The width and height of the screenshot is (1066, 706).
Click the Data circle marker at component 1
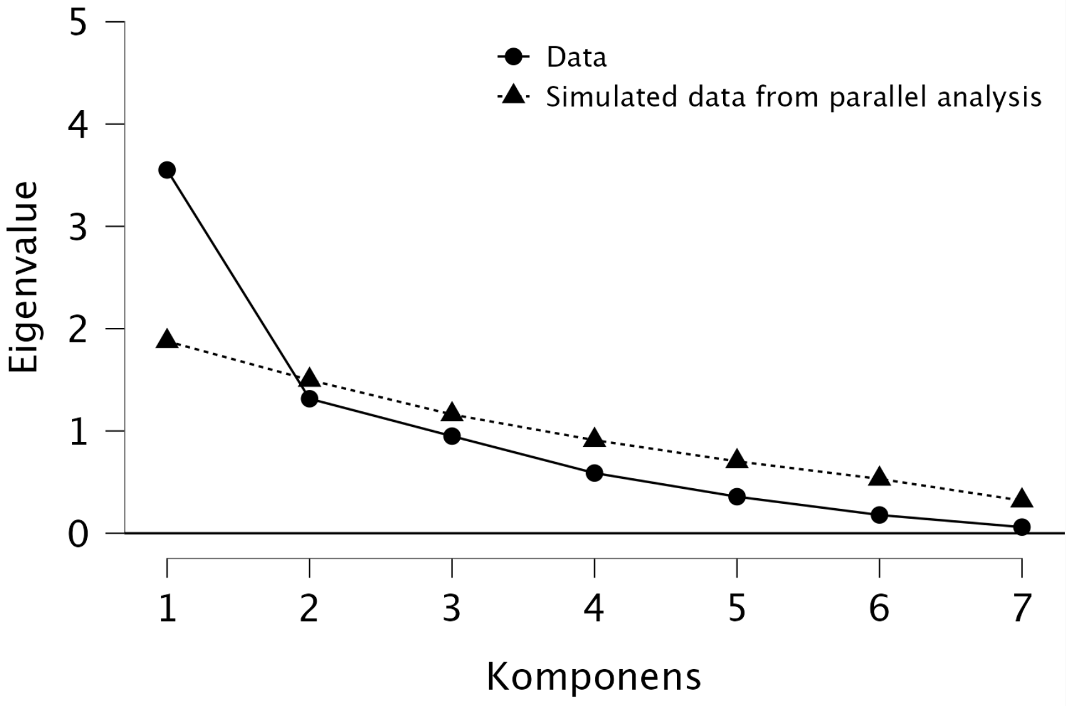[167, 170]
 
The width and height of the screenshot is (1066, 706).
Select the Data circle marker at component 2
[309, 399]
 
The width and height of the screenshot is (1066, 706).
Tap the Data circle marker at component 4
[594, 473]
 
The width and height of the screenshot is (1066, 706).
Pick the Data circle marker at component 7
[1022, 527]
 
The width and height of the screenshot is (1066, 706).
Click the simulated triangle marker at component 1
[167, 340]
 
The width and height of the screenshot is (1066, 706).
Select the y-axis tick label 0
[78, 535]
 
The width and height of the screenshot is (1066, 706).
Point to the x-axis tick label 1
[167, 608]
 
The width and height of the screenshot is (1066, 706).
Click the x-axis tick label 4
[594, 608]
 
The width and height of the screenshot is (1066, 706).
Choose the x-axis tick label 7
[1022, 608]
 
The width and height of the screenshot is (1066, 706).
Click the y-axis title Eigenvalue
[24, 277]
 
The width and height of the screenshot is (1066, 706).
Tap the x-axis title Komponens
[594, 677]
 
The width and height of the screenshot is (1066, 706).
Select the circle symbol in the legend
[514, 57]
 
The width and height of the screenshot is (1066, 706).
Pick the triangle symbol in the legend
[514, 96]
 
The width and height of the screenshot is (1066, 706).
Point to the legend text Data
[576, 58]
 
